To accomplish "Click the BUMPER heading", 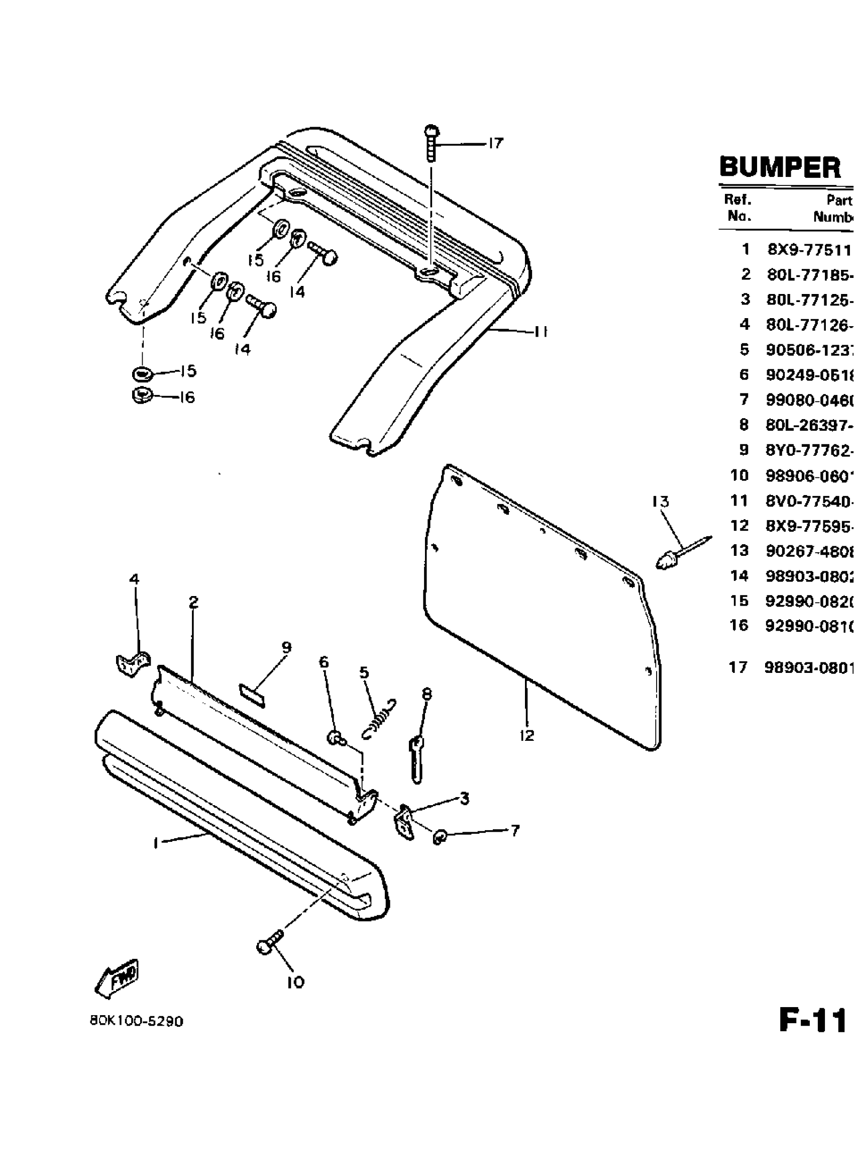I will tap(780, 167).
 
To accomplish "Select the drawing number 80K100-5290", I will tap(136, 1021).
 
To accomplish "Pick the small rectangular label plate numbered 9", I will tap(252, 695).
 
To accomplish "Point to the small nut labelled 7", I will tap(440, 836).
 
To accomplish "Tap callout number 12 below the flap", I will tap(527, 735).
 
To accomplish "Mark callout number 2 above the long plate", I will tap(193, 603).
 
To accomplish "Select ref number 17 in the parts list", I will tap(738, 667).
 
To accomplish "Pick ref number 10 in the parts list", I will tap(739, 475).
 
